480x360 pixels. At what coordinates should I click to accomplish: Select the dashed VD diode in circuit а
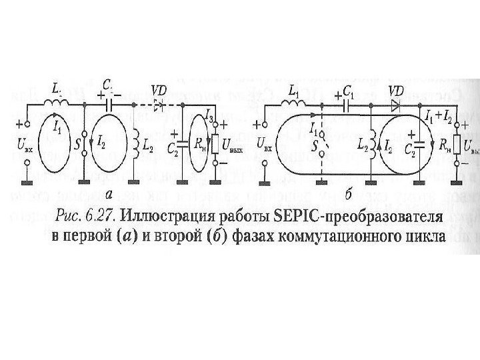click(159, 105)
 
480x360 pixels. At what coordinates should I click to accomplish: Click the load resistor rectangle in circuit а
click(215, 143)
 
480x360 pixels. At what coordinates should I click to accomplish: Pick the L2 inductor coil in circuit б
click(371, 141)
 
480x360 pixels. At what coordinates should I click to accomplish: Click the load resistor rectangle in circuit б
click(456, 143)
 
